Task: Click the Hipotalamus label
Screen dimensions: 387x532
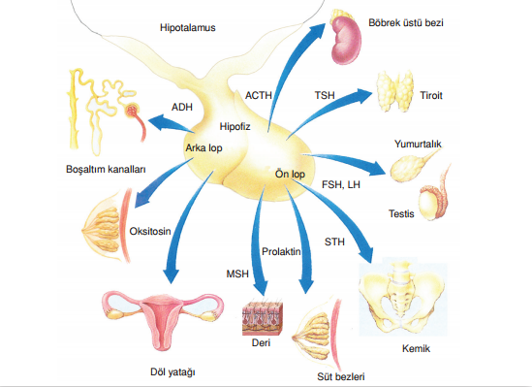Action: pyautogui.click(x=187, y=29)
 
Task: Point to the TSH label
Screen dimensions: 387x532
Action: pyautogui.click(x=327, y=96)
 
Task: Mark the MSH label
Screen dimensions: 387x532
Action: pyautogui.click(x=239, y=274)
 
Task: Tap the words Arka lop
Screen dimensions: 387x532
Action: pyautogui.click(x=204, y=147)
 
